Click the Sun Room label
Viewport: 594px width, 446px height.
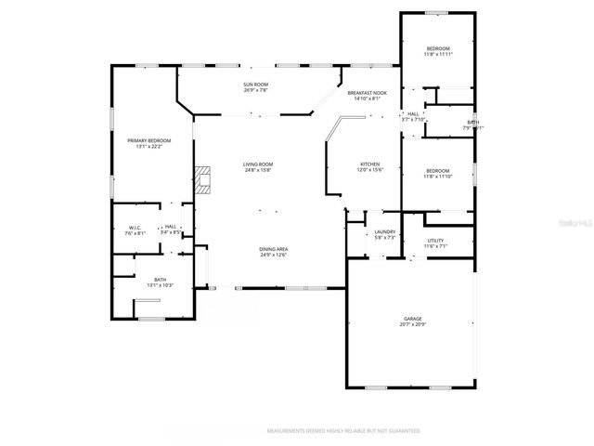[x=255, y=85]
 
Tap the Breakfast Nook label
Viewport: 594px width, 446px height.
[x=367, y=94]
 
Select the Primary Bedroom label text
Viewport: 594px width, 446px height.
[x=148, y=140]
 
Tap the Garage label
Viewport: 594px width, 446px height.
[x=412, y=319]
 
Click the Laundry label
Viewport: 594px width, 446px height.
[x=385, y=232]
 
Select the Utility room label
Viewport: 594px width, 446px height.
[x=435, y=241]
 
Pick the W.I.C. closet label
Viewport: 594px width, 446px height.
[x=134, y=227]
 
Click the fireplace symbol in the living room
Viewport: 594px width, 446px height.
[x=203, y=179]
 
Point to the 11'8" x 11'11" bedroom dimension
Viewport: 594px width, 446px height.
[x=438, y=55]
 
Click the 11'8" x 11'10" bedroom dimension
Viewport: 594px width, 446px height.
[x=437, y=177]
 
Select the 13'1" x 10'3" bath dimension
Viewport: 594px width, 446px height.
[x=160, y=285]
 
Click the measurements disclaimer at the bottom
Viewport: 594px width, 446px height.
[x=343, y=431]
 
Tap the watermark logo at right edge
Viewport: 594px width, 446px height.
[x=582, y=223]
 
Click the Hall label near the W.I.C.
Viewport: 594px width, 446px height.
[x=171, y=227]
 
